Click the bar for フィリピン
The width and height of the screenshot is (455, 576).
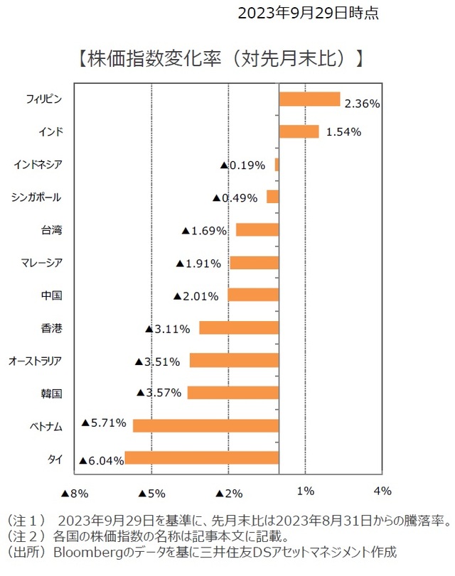point(309,99)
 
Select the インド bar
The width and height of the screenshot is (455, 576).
point(299,131)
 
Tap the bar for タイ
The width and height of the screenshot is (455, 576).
point(202,458)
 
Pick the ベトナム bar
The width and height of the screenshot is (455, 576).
point(206,425)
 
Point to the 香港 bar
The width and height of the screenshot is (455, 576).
point(239,327)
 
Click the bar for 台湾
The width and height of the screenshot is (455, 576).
point(257,229)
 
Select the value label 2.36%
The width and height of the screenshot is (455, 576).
point(362,104)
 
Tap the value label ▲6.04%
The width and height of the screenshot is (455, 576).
point(102,460)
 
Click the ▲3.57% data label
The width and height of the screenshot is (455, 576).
point(159,392)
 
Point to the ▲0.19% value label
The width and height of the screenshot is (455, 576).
point(242,165)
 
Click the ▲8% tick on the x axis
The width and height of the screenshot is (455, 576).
point(74,491)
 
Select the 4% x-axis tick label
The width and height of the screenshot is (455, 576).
point(382,491)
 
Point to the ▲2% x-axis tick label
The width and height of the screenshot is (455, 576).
point(228,491)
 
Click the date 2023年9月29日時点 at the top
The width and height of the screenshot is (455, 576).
point(308,12)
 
